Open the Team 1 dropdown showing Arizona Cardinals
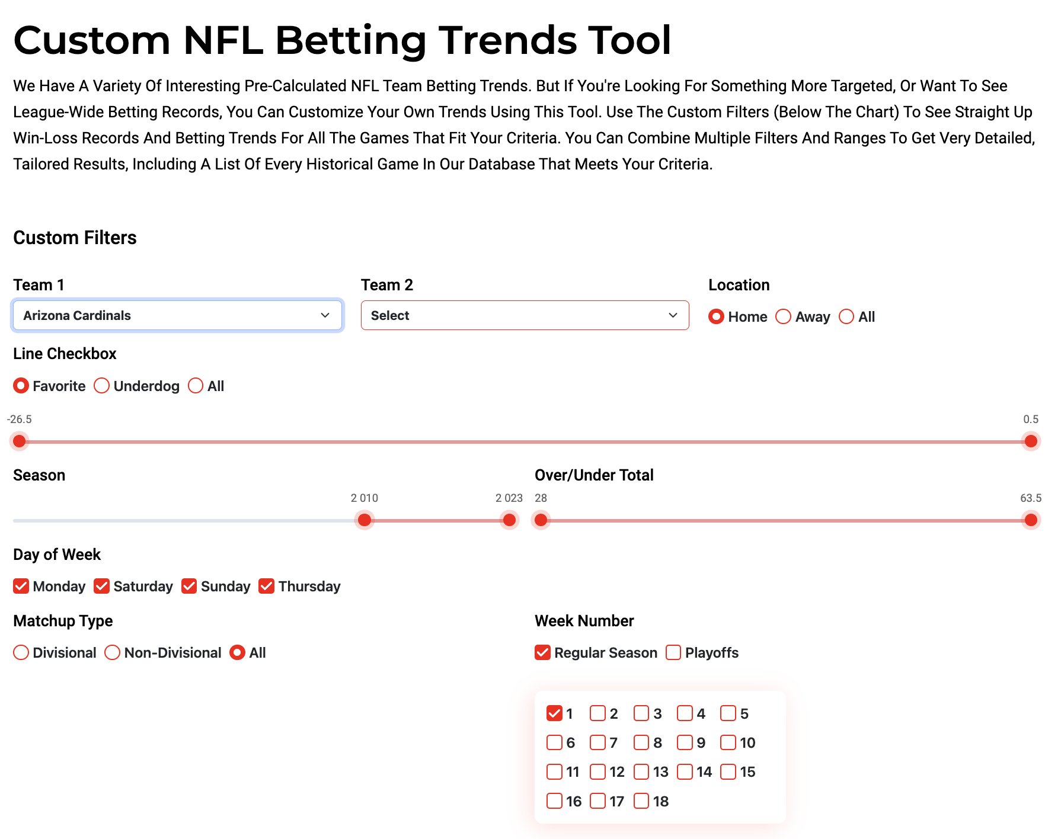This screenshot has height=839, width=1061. pyautogui.click(x=177, y=315)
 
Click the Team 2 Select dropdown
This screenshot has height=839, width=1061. pyautogui.click(x=525, y=315)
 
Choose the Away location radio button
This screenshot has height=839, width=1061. pyautogui.click(x=783, y=317)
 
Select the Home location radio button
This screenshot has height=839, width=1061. pyautogui.click(x=716, y=317)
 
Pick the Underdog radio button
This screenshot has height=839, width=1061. pyautogui.click(x=101, y=386)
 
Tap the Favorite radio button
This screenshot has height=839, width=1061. pyautogui.click(x=21, y=386)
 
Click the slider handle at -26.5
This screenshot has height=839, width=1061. pyautogui.click(x=20, y=441)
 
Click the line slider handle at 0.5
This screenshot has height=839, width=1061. pyautogui.click(x=1031, y=441)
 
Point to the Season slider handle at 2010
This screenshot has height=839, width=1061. pyautogui.click(x=365, y=520)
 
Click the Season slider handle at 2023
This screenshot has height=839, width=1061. pyautogui.click(x=509, y=520)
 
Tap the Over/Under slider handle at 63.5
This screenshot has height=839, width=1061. pyautogui.click(x=1031, y=520)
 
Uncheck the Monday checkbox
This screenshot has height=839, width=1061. pyautogui.click(x=21, y=586)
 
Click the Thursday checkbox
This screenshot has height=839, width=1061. pyautogui.click(x=267, y=586)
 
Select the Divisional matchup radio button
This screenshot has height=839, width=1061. pyautogui.click(x=21, y=652)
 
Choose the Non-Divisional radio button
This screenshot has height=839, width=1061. pyautogui.click(x=112, y=652)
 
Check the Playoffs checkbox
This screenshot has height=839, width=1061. pyautogui.click(x=673, y=652)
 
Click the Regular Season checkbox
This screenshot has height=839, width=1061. pyautogui.click(x=542, y=652)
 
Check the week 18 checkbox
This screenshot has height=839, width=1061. pyautogui.click(x=641, y=801)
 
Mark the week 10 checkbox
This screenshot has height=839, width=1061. pyautogui.click(x=728, y=742)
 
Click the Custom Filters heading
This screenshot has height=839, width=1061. pyautogui.click(x=75, y=238)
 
